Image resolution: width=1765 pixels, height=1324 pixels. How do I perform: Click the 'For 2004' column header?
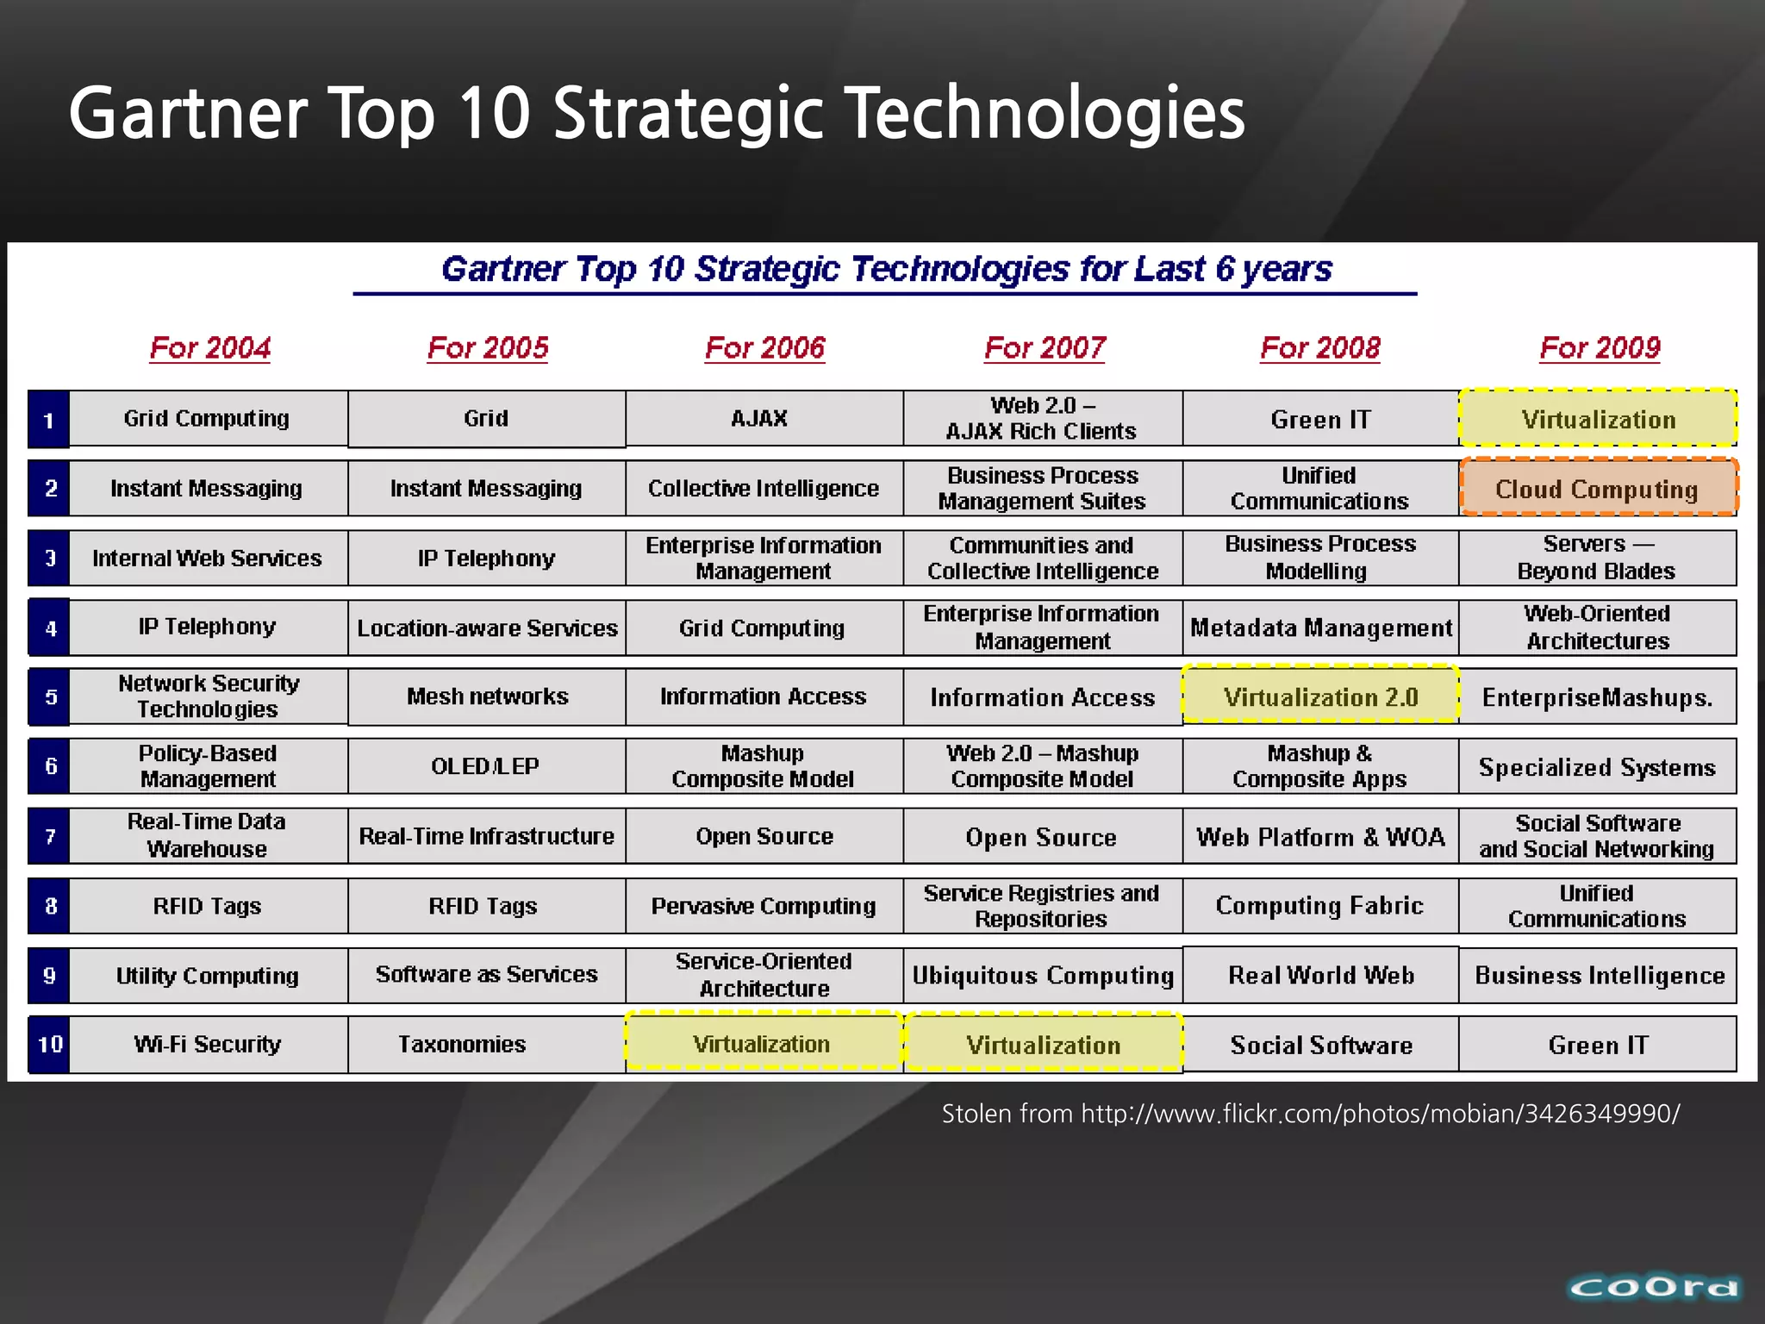point(209,347)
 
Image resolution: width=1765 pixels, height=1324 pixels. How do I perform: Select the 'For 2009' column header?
point(1600,347)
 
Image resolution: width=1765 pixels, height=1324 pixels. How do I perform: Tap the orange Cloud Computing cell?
point(1598,488)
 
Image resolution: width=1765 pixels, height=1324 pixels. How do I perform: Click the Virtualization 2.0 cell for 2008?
point(1320,696)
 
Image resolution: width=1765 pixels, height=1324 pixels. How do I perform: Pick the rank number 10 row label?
point(49,1044)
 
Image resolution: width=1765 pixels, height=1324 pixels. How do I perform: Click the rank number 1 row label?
point(49,420)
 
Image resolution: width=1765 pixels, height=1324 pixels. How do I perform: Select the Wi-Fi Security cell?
point(208,1044)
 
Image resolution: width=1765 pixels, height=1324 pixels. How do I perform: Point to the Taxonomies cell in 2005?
point(462,1044)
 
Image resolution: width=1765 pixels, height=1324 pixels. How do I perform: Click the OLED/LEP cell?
point(486,765)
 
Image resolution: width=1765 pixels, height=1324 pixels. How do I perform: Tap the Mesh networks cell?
point(487,696)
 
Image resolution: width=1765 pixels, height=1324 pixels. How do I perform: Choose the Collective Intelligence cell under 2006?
point(764,488)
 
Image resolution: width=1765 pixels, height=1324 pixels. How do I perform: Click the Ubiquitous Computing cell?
point(1043,975)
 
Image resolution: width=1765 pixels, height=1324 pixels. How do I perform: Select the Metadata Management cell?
point(1320,628)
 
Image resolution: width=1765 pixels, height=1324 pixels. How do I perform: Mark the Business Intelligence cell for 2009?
point(1600,975)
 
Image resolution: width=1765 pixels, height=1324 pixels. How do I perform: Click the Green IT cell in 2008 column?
point(1320,419)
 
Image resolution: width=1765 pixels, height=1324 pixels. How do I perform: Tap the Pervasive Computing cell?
point(764,905)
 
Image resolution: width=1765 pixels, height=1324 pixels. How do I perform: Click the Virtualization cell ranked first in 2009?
point(1598,419)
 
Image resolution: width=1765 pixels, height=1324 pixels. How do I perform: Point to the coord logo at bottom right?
point(1654,1287)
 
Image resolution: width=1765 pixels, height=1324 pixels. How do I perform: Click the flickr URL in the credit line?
point(1380,1114)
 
